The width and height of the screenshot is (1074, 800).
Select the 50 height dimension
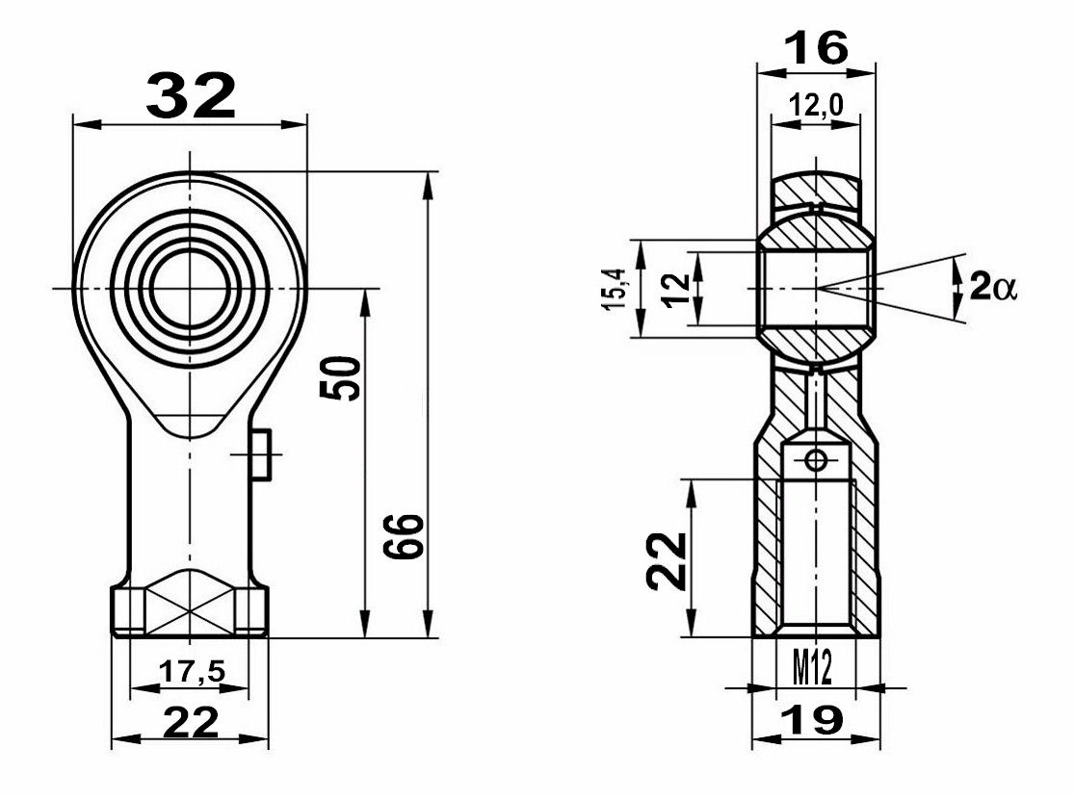(340, 377)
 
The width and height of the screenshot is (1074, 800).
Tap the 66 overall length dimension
(404, 536)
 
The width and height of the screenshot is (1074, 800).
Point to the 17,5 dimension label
(192, 671)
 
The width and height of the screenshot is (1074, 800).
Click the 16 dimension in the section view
(816, 48)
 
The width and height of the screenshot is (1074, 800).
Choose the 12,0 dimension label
(815, 105)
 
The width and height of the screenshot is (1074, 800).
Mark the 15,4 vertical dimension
(616, 289)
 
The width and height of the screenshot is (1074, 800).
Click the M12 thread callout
(813, 667)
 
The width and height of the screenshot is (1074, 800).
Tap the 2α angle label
(993, 288)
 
